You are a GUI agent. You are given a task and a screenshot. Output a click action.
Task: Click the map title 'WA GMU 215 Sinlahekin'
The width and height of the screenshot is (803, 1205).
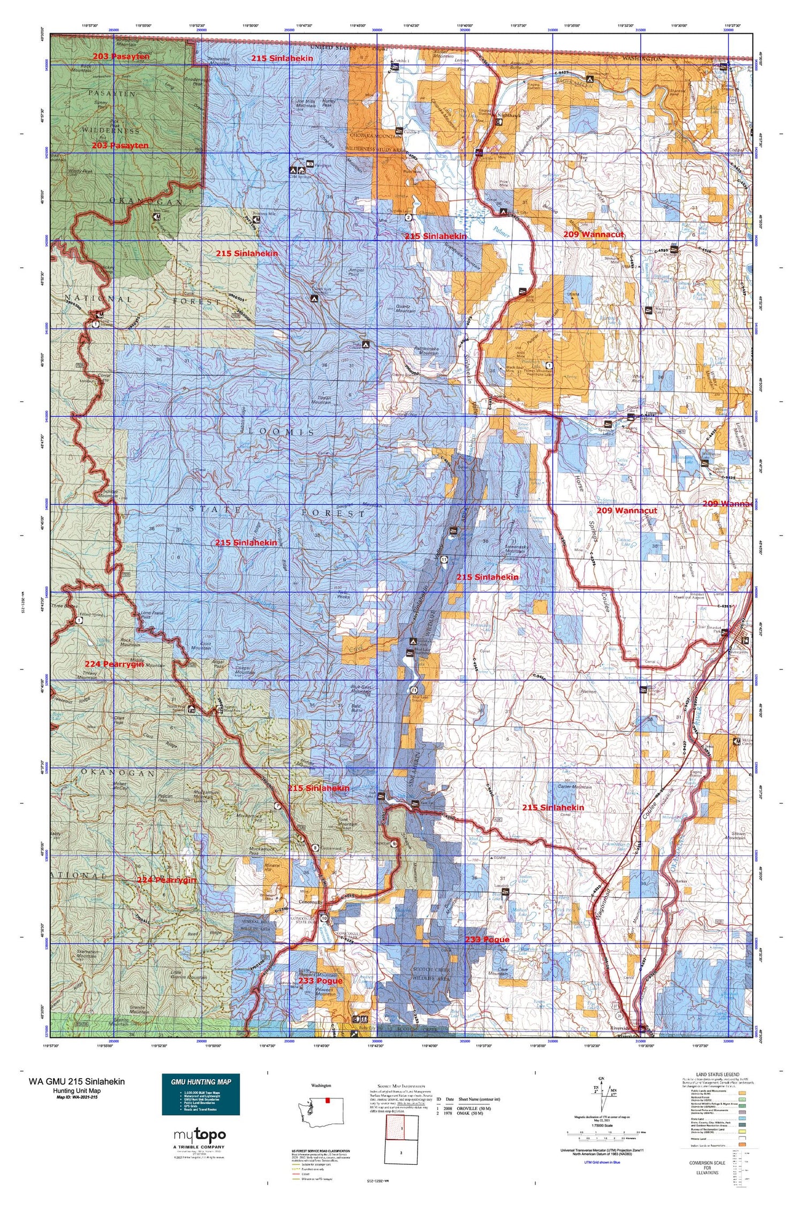(77, 1081)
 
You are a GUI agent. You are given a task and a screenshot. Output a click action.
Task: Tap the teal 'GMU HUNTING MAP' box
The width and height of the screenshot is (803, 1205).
(201, 1081)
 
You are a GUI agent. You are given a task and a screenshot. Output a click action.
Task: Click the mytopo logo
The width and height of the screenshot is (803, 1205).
(200, 1135)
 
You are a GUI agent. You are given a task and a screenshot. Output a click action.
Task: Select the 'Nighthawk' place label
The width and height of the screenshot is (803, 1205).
(509, 115)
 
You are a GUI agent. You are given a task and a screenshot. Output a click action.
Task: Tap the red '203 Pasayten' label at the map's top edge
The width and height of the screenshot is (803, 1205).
(120, 56)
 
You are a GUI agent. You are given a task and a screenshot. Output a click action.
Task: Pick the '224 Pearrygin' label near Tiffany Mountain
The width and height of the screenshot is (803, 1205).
(114, 664)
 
